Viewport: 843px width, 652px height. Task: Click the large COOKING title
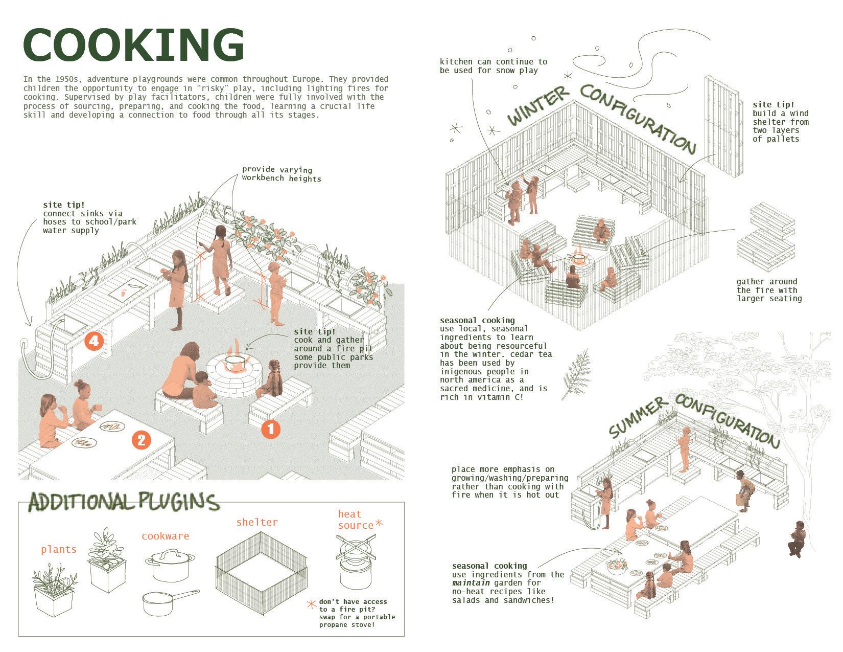(134, 45)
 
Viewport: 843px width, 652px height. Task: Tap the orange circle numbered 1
(271, 429)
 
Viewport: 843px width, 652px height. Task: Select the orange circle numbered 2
(142, 440)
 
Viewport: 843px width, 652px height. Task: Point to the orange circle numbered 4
(95, 341)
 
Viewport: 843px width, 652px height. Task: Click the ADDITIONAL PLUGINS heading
(124, 502)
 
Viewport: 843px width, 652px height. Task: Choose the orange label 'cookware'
(165, 536)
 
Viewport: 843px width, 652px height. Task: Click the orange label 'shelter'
(256, 522)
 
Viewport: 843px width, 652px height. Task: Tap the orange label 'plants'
(59, 549)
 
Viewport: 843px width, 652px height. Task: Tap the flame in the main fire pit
(235, 351)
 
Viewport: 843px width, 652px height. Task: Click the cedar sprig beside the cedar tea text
(576, 373)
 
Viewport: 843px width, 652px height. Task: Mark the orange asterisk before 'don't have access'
(311, 604)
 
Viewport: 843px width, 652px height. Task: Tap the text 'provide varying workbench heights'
(282, 174)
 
